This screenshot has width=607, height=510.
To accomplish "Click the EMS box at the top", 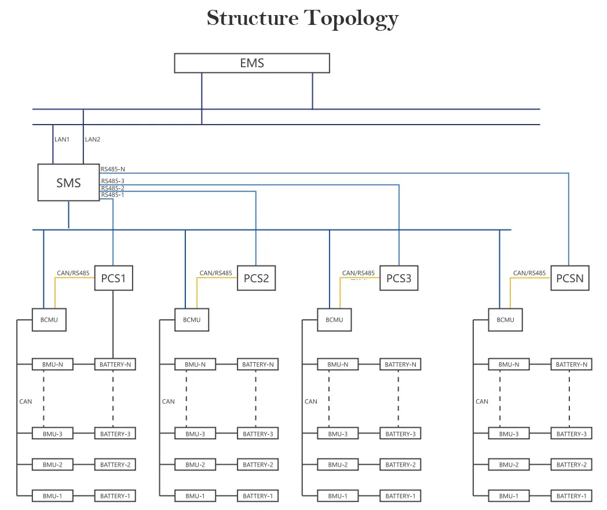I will click(252, 63).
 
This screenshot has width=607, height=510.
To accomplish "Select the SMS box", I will click(68, 183).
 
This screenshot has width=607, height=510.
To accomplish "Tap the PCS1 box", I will click(114, 279).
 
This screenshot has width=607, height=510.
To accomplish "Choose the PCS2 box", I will click(256, 279).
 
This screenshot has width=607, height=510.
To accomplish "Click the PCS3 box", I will click(398, 279).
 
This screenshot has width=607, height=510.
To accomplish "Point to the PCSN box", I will click(569, 279).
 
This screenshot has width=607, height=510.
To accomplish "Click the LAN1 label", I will click(62, 140).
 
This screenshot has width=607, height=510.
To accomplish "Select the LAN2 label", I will click(93, 140).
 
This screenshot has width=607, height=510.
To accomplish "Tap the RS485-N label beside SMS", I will click(113, 169).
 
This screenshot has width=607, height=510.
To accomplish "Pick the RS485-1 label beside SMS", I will click(113, 195).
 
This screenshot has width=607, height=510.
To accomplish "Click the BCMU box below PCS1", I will click(49, 320).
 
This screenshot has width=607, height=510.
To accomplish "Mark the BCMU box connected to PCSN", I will click(505, 320).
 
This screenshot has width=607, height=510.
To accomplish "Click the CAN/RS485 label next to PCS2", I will click(215, 273).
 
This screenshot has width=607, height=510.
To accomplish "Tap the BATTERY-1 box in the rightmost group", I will click(571, 496).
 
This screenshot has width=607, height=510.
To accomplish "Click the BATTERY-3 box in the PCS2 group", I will click(258, 434).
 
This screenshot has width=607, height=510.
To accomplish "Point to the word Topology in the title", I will click(352, 18).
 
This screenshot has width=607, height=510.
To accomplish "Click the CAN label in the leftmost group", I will click(25, 401).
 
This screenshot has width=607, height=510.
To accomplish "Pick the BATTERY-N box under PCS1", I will click(115, 365).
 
